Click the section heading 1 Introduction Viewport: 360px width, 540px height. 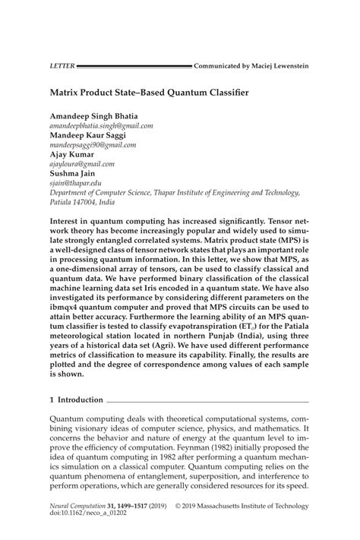point(75,399)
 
